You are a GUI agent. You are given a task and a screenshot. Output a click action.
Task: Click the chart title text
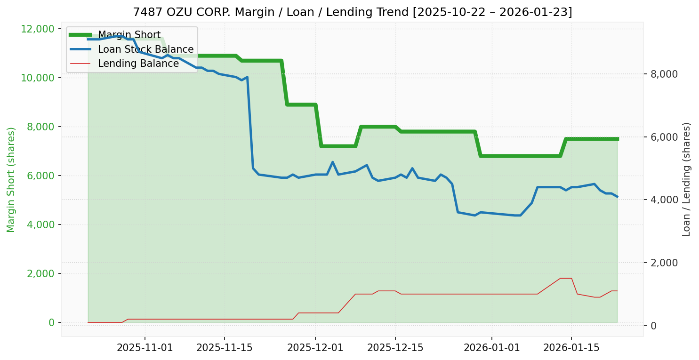(x=352, y=12)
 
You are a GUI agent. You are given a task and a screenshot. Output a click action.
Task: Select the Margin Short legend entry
(x=129, y=35)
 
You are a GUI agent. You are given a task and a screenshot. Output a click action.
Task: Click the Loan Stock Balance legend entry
(x=145, y=49)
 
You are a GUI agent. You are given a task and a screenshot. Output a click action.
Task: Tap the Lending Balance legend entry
(x=138, y=64)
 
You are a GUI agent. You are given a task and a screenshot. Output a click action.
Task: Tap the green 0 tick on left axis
(x=51, y=322)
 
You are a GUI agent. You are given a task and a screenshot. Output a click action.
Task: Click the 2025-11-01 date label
(x=145, y=348)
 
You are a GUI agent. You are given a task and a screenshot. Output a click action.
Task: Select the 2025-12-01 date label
(x=315, y=348)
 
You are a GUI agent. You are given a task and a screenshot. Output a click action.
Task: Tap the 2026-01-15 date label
(x=571, y=348)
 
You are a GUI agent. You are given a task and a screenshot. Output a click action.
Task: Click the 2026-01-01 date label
(x=492, y=348)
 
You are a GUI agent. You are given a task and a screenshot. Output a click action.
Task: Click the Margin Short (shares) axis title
(x=11, y=180)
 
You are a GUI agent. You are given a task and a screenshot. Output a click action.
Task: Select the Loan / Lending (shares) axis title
(x=687, y=179)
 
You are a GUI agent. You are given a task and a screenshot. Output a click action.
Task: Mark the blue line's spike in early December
(x=332, y=162)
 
